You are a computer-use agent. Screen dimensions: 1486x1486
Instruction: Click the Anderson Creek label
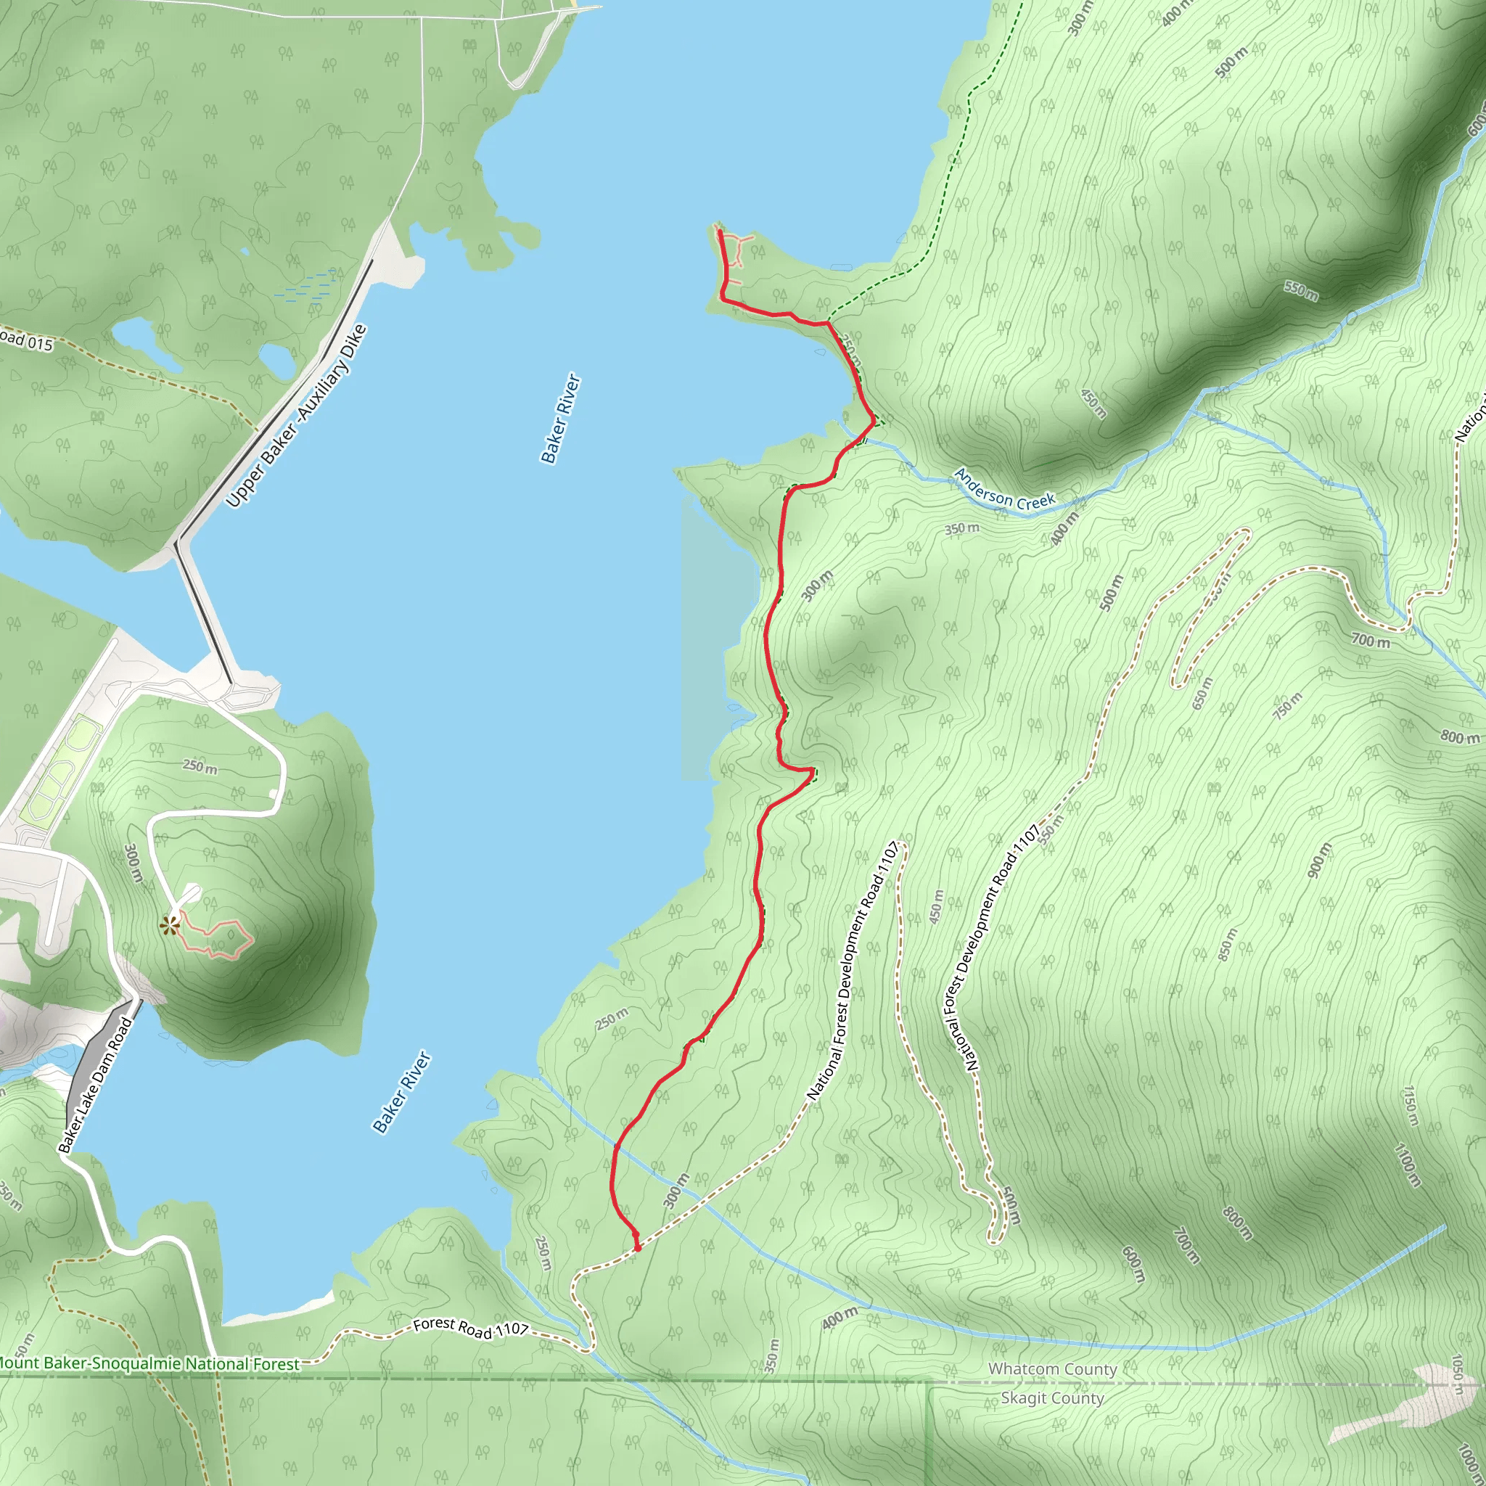pos(1003,489)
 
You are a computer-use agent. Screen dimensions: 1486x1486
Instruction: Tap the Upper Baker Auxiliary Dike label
pos(297,416)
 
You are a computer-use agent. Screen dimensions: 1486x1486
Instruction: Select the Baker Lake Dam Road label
pos(95,1085)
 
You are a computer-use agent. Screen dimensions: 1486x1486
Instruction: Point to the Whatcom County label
pos(1051,1368)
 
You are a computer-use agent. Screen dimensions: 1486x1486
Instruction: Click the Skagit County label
pos(1051,1397)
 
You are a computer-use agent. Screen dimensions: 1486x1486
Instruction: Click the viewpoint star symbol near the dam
pos(168,924)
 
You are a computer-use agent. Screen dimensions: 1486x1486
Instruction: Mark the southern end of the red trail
pos(637,1247)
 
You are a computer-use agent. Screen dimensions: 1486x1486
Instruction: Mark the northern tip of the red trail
pos(719,231)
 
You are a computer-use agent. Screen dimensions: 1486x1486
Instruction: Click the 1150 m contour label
pos(1409,1105)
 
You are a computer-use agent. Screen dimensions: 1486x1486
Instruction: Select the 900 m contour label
pos(1318,860)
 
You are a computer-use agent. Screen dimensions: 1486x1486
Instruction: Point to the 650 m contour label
pos(1202,693)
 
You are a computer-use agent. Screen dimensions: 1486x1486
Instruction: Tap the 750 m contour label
pos(1288,705)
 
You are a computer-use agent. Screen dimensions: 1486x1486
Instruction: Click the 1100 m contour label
pos(1407,1165)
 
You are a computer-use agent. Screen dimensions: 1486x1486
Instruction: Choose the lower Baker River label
pos(401,1092)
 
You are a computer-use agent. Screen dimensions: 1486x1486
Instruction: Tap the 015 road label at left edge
pos(27,340)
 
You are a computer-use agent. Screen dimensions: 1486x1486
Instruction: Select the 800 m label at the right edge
pos(1459,737)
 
